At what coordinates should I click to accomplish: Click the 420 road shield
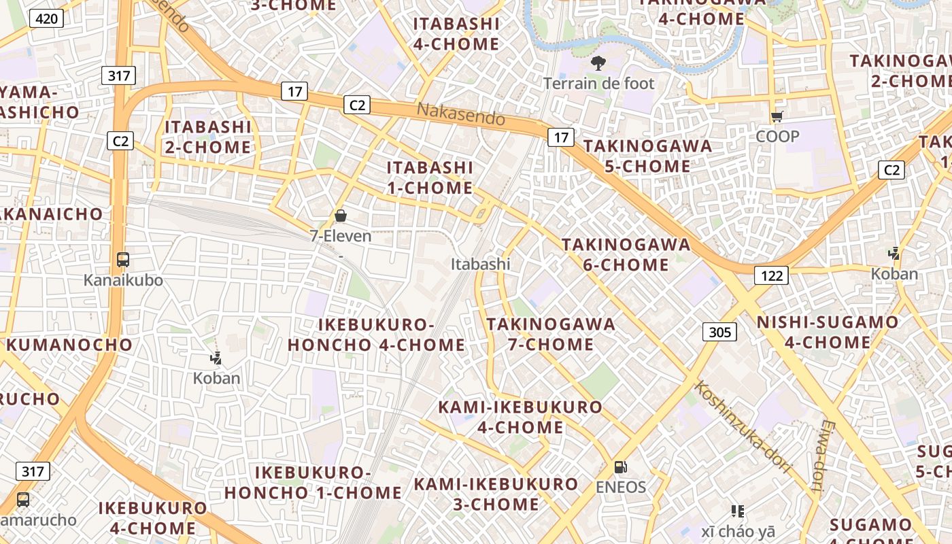(x=46, y=18)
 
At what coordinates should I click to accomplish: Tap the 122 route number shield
(x=771, y=275)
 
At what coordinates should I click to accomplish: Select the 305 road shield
(x=719, y=332)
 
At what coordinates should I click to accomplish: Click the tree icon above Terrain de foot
(x=598, y=64)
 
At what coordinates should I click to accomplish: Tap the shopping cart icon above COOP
(x=777, y=117)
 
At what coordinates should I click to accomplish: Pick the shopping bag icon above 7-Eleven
(x=341, y=216)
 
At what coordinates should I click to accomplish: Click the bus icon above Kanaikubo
(x=123, y=260)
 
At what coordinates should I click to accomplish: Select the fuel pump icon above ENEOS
(x=620, y=467)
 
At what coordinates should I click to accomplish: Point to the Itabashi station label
(x=480, y=264)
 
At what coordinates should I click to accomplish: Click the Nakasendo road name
(x=461, y=114)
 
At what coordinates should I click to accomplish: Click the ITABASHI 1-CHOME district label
(x=430, y=177)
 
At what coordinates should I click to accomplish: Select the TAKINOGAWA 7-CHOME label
(x=551, y=334)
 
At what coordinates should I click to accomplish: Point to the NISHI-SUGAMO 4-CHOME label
(x=828, y=332)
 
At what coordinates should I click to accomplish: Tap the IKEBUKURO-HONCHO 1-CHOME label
(x=313, y=482)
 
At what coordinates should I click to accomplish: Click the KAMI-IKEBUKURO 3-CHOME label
(x=496, y=494)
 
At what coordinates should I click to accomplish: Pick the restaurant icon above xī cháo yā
(x=738, y=511)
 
